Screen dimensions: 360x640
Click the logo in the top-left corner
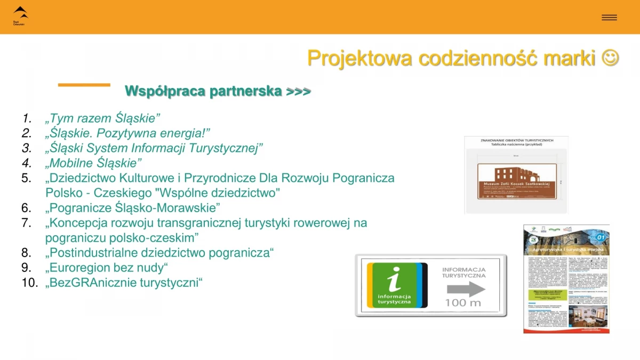point(20,15)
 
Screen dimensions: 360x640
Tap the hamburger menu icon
point(609,18)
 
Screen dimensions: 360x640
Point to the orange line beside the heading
point(84,85)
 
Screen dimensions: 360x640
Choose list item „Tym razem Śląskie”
point(103,118)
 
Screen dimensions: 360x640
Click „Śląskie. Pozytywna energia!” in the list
point(128,133)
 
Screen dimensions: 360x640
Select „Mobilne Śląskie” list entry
point(94,163)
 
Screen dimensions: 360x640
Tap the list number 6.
point(27,207)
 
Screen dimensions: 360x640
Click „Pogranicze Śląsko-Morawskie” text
point(133,207)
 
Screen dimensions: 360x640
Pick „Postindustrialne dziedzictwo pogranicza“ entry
point(159,252)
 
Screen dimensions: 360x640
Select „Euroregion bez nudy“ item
point(107,267)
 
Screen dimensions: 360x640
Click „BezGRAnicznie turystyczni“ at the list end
point(124,282)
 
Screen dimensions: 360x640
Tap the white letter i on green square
point(393,278)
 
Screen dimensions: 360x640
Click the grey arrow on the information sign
point(465,289)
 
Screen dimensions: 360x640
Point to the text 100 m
point(463,303)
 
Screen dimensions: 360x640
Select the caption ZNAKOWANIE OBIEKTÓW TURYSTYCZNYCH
point(517,140)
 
